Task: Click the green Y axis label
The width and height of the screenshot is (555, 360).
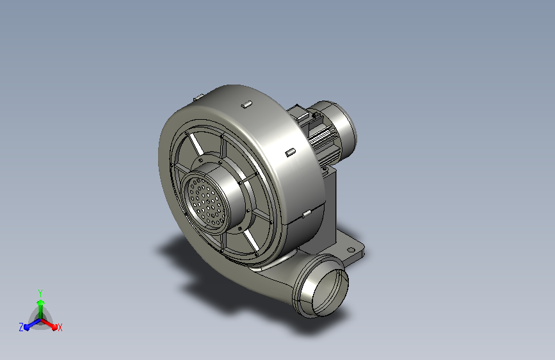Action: tap(40, 293)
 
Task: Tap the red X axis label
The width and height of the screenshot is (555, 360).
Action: tap(60, 328)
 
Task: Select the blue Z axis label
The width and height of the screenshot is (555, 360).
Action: tap(21, 327)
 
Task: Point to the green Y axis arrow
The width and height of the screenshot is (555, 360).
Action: tap(41, 309)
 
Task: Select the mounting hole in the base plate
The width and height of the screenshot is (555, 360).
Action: tap(351, 250)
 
